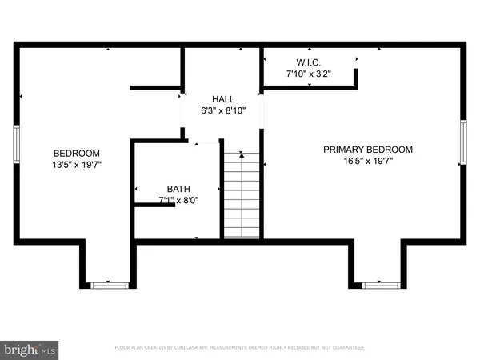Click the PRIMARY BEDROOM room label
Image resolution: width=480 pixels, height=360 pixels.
point(367,150)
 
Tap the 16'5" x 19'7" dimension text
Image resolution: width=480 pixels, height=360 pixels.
point(367,161)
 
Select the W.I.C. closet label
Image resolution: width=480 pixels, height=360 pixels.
point(308,62)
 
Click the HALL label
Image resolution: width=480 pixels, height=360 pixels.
point(222,98)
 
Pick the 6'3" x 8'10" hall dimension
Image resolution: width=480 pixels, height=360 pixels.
point(222,110)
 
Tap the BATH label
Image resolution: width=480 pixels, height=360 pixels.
point(178,188)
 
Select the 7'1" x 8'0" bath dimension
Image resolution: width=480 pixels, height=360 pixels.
point(178,199)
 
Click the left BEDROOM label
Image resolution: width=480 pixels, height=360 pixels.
point(77,154)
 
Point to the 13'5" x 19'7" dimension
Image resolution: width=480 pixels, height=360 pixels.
point(77,165)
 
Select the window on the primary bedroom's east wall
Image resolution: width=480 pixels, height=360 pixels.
point(464,142)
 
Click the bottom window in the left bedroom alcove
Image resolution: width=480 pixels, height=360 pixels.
point(108,285)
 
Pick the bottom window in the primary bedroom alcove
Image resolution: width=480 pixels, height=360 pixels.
point(378,285)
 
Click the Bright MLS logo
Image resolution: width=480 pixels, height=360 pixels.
point(30,350)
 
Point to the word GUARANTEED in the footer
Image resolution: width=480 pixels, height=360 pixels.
point(345,348)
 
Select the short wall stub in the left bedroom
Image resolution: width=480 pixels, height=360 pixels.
point(156,86)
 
